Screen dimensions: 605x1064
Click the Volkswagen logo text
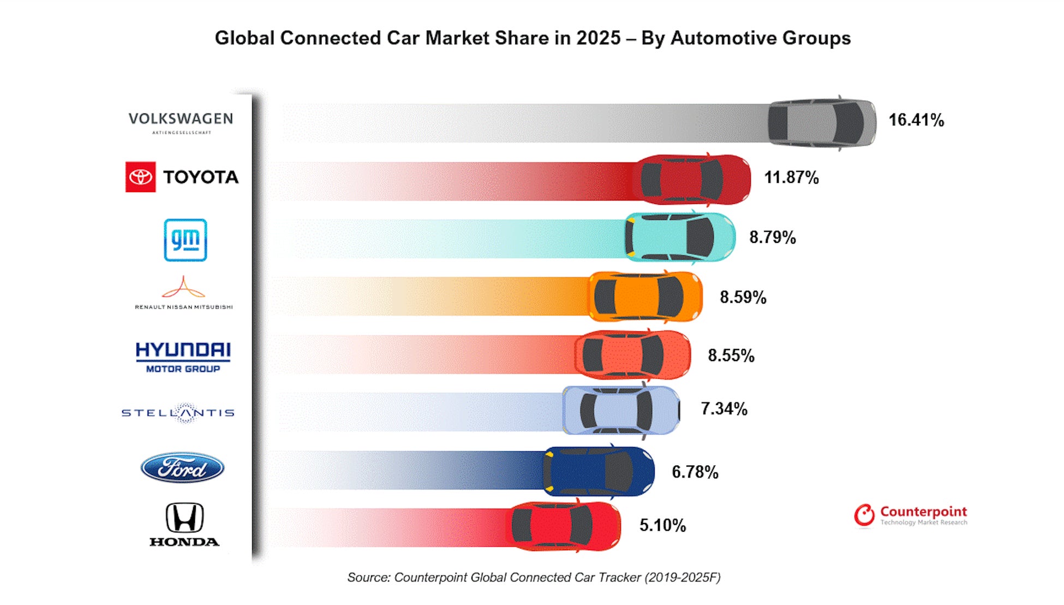[x=181, y=119]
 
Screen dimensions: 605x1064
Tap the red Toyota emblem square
[x=141, y=177]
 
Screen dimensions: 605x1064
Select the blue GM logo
[x=186, y=240]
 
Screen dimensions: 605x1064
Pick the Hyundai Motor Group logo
[x=183, y=357]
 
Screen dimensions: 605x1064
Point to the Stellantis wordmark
[x=178, y=413]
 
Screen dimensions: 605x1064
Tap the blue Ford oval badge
[x=182, y=468]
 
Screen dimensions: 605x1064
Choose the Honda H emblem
[x=184, y=518]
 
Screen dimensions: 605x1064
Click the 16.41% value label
[x=916, y=120]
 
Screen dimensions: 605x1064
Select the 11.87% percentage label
[x=791, y=177]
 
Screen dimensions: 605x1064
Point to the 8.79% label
[x=772, y=238]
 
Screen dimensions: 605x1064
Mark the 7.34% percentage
[x=724, y=408]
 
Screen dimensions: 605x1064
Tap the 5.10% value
[x=662, y=525]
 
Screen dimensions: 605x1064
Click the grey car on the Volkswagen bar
[x=822, y=123]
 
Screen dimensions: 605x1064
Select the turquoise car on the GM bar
[x=680, y=238]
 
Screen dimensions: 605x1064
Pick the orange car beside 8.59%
[x=645, y=296]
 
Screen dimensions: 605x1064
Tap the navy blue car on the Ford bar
[x=599, y=471]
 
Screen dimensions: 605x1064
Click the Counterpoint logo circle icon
[x=864, y=515]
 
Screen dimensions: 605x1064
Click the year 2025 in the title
[x=599, y=38]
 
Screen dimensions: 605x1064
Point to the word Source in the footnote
[x=368, y=578]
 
